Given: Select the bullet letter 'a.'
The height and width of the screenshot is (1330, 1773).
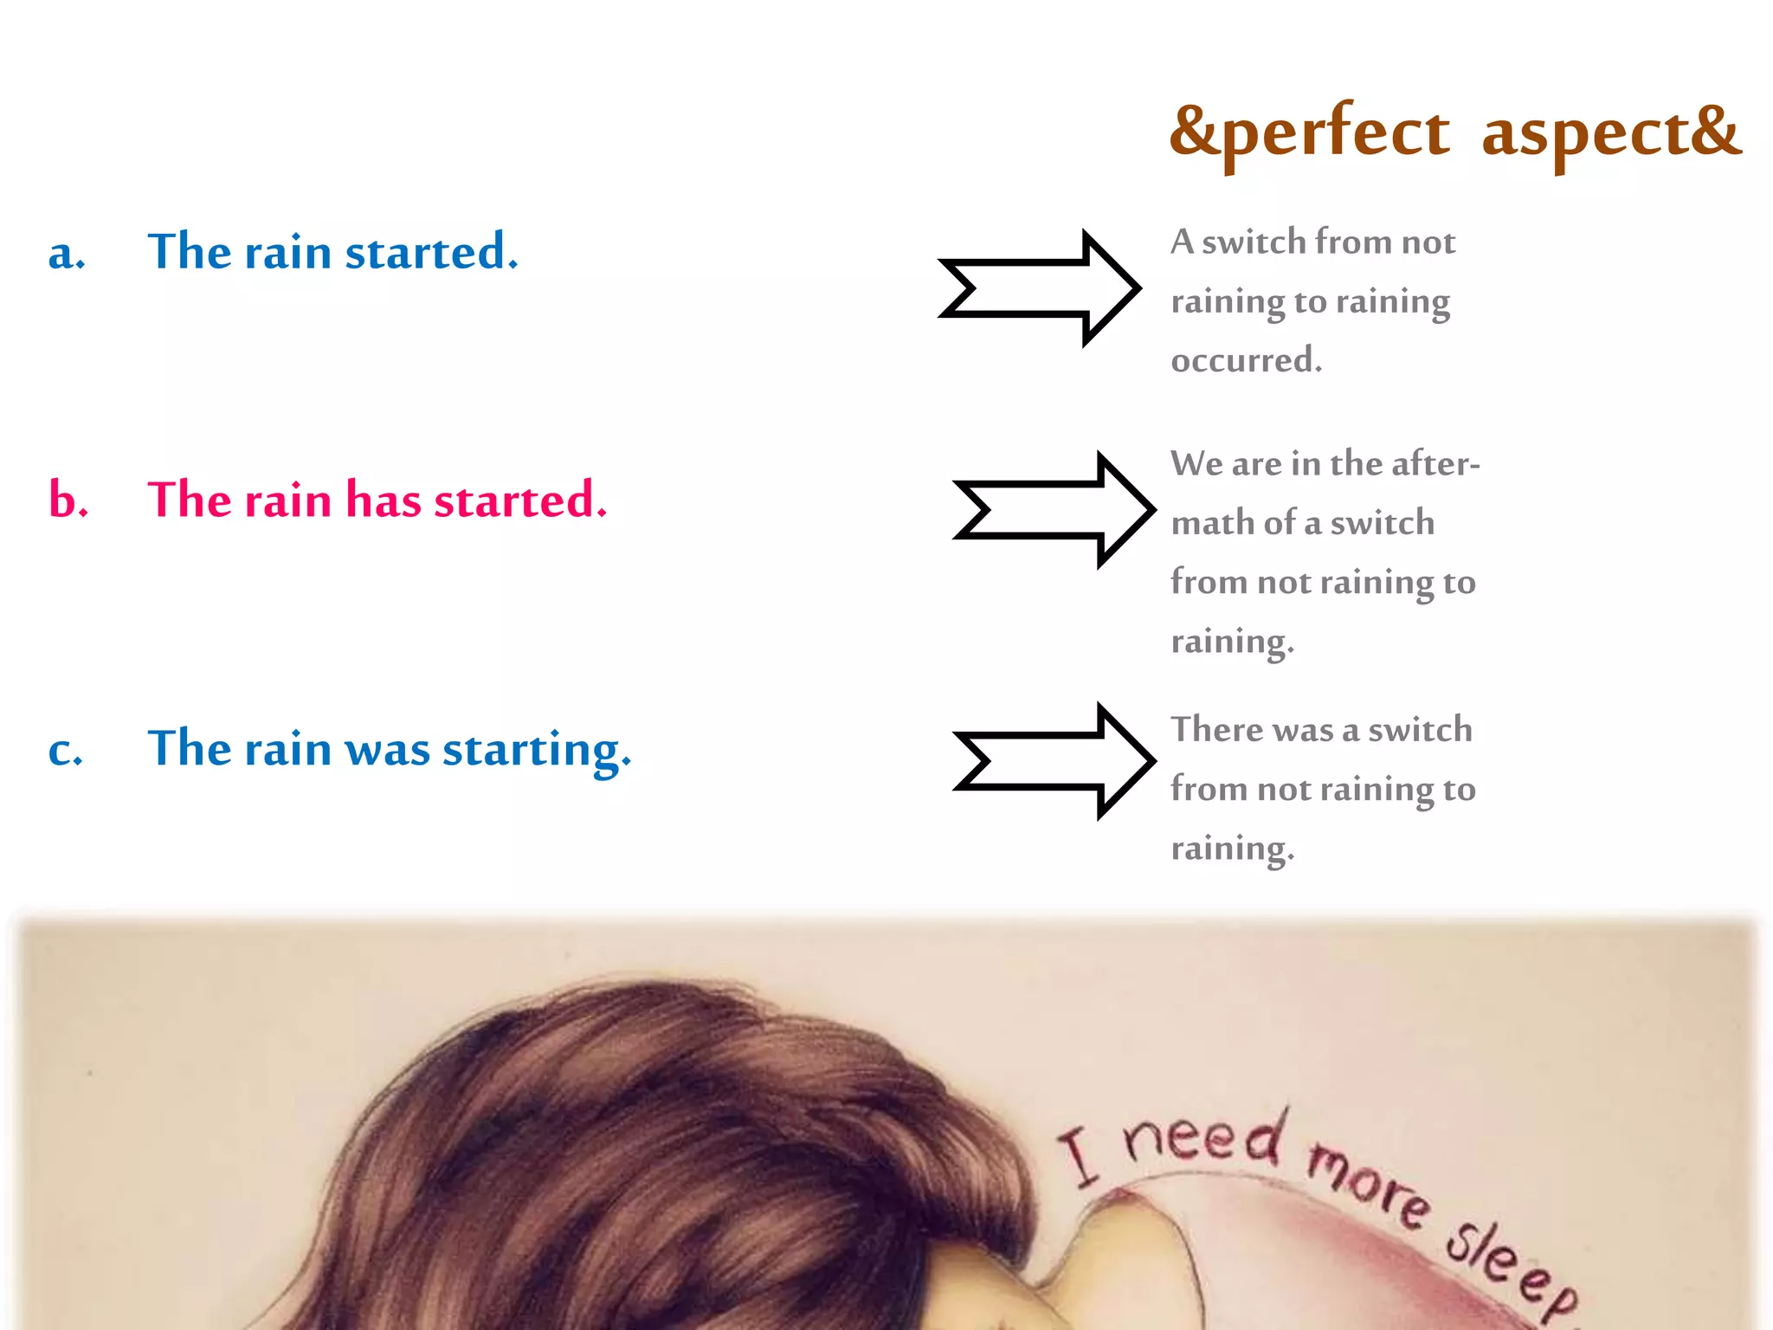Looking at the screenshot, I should click(67, 254).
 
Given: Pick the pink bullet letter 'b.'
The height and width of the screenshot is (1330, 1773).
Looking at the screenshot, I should click(68, 500).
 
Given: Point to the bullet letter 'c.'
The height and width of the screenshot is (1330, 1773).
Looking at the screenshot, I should click(66, 749).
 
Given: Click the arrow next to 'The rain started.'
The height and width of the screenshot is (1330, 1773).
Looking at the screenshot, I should click(1040, 288).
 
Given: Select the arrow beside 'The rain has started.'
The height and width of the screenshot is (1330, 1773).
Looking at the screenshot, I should click(1054, 509).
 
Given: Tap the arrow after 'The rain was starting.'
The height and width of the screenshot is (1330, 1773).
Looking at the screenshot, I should click(1054, 760).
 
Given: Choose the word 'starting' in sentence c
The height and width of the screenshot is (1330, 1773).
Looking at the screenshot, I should click(537, 750).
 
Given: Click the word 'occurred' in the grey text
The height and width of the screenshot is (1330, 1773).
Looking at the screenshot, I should click(1246, 360).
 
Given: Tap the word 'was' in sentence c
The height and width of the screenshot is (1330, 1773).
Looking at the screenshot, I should click(387, 750).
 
